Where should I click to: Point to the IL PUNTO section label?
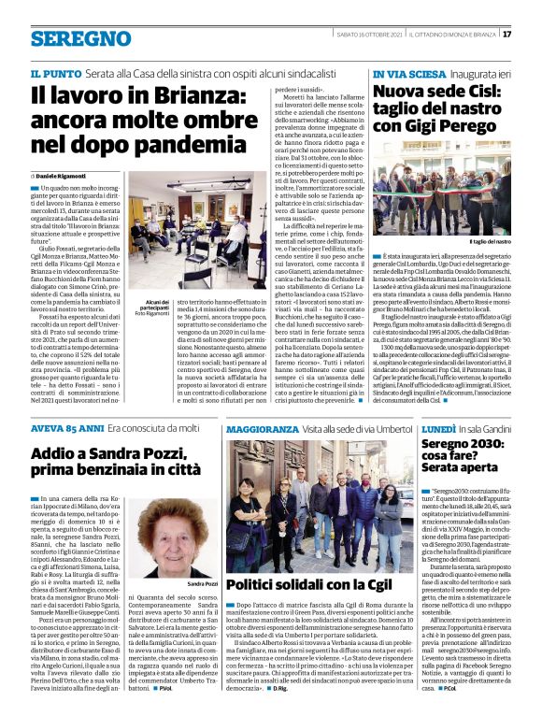(x=54, y=72)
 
